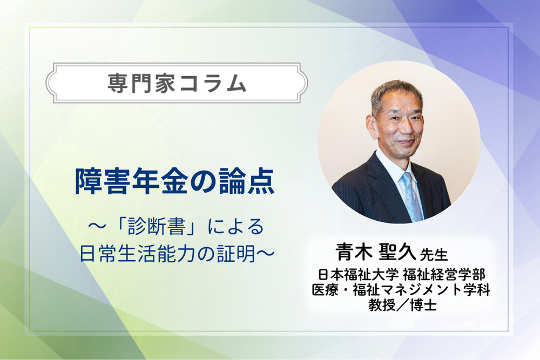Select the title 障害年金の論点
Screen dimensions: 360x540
click(174, 184)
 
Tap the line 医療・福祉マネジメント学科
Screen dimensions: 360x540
click(401, 289)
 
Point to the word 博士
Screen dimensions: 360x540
click(423, 305)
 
